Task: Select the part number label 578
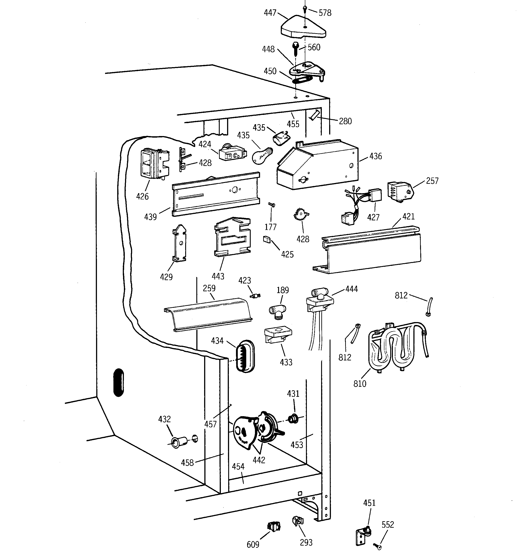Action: (325, 13)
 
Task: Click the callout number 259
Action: (209, 288)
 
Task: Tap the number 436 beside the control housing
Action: (375, 156)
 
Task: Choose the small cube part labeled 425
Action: (267, 239)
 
